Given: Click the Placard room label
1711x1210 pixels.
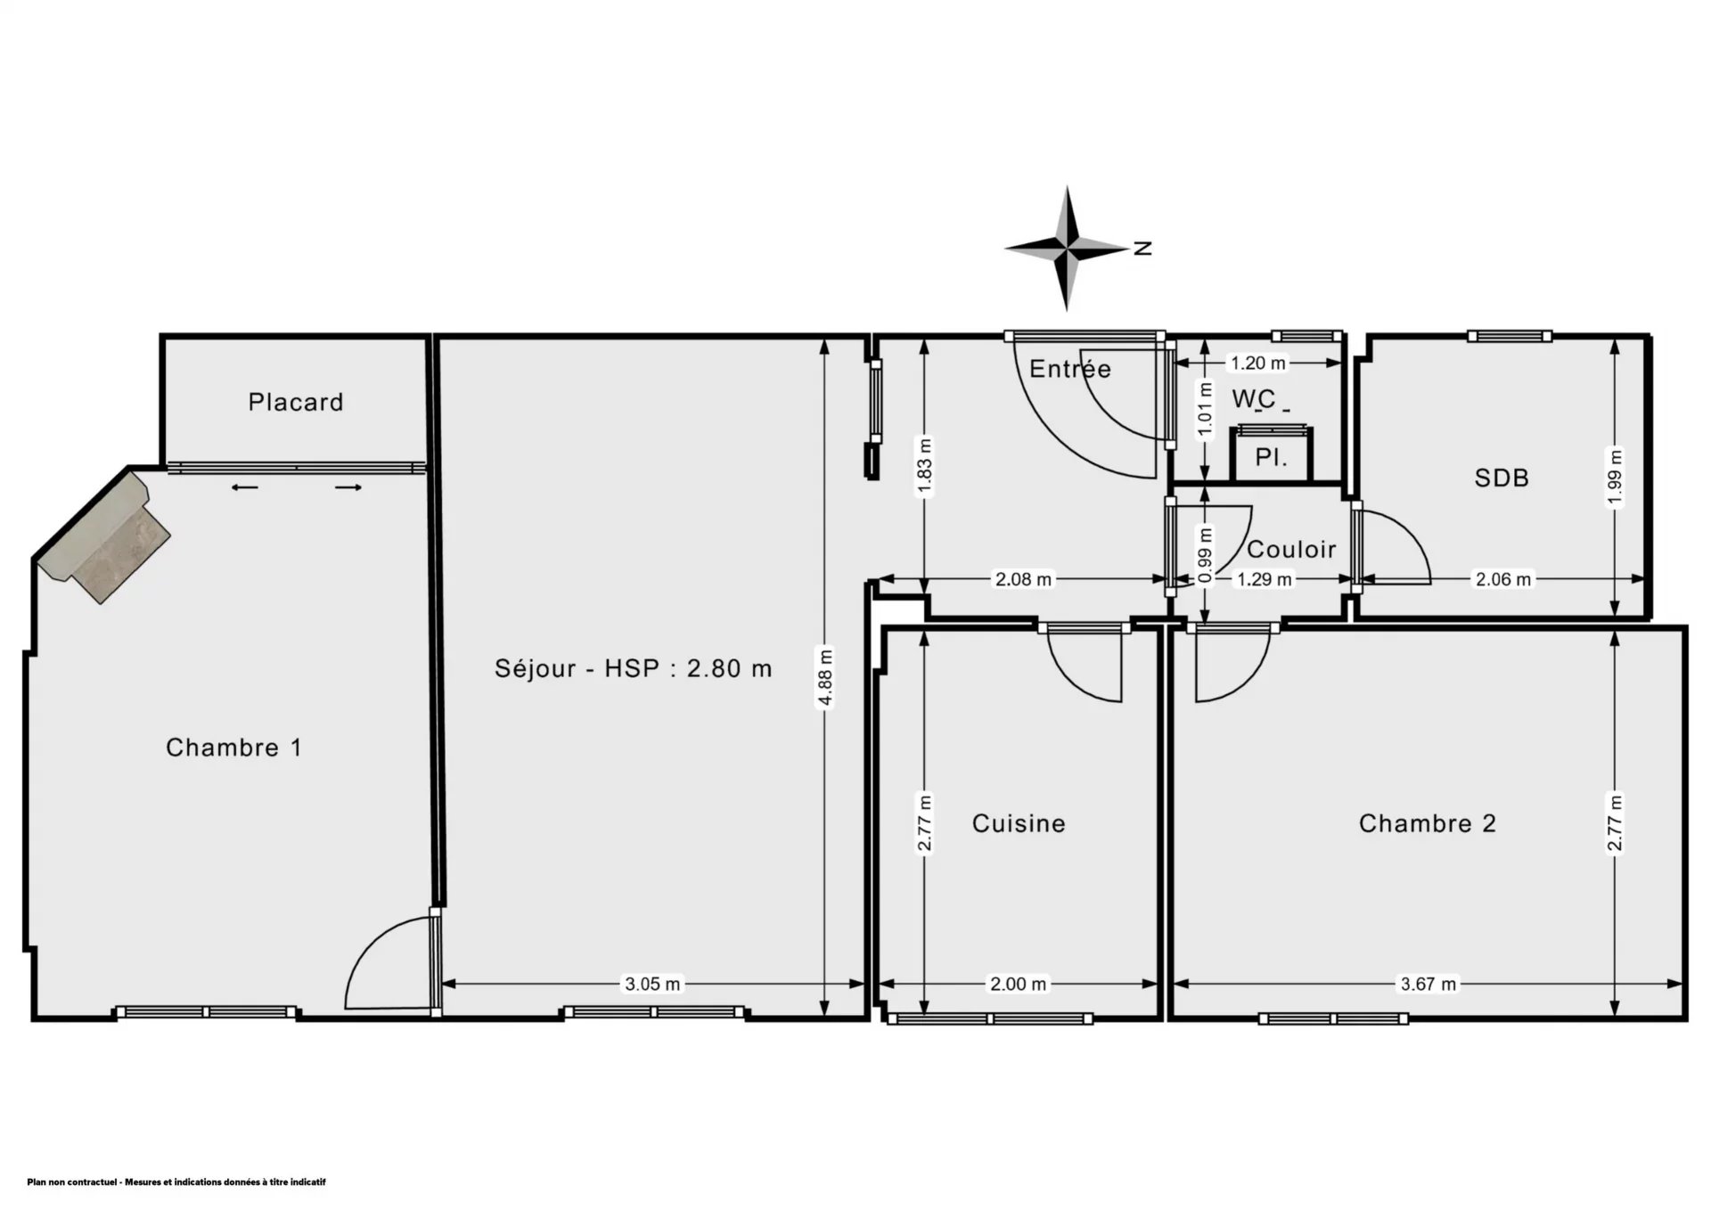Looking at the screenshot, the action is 296,402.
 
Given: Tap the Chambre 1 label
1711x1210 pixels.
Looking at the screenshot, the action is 234,747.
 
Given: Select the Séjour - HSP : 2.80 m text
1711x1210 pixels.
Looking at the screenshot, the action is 634,667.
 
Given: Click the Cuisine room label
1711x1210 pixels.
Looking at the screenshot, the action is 1019,822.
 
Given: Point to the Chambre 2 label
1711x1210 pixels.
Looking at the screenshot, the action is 1428,822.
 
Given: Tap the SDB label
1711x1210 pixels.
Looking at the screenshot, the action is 1502,478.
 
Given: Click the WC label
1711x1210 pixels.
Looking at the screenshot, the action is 1254,398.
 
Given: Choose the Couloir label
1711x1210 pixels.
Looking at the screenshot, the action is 1291,549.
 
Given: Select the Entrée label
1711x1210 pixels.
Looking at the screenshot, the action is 1070,368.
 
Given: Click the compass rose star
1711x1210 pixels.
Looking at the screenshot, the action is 1067,249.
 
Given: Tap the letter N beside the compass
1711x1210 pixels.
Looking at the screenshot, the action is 1143,249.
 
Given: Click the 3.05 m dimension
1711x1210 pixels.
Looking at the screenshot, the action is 652,984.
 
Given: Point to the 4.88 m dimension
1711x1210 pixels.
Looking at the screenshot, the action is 825,676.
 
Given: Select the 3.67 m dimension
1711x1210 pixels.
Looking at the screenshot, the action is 1429,984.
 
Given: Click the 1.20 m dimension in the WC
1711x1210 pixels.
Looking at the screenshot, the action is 1258,363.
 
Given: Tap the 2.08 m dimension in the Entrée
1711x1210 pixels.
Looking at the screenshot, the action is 1023,579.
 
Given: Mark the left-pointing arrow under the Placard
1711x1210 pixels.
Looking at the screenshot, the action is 245,487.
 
